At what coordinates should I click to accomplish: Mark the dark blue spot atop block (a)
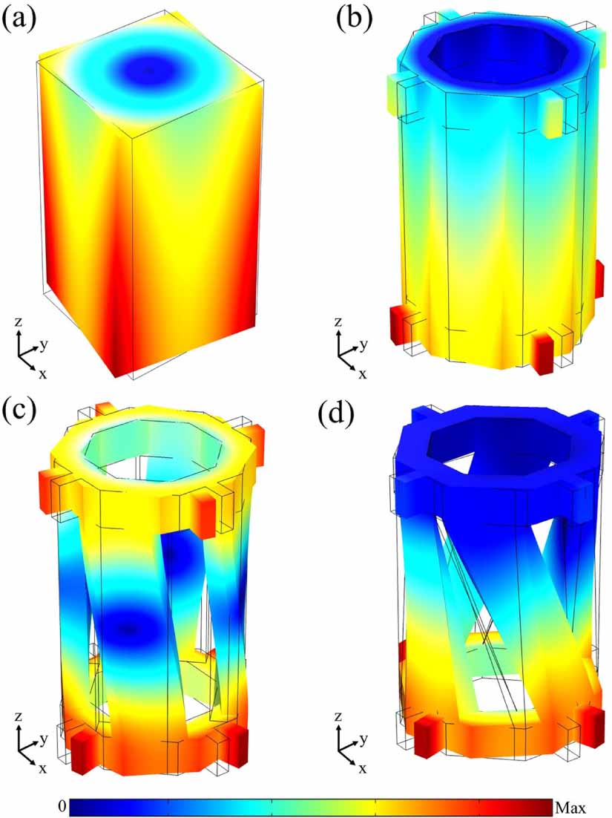149,71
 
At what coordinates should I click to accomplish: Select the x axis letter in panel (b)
362,374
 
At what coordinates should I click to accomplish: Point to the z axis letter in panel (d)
338,718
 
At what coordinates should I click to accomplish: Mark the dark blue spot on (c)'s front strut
130,629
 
